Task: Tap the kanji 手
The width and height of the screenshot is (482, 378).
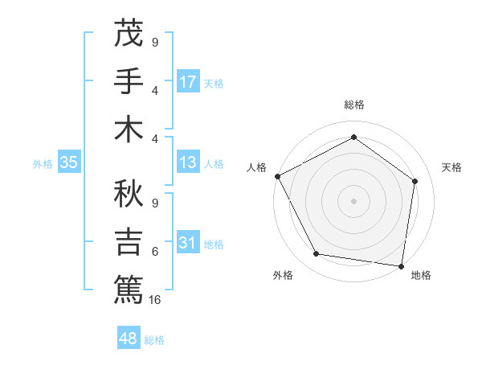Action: [129, 82]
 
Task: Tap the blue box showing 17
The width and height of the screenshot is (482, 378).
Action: [188, 82]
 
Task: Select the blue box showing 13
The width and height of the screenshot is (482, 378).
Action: [188, 163]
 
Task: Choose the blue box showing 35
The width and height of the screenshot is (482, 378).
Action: [68, 163]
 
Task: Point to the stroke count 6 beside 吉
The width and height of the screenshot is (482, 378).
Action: [155, 252]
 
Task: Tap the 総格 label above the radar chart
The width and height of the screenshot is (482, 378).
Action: [354, 105]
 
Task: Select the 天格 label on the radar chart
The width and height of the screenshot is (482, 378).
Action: [451, 167]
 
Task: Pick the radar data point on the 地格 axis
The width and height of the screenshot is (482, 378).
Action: [402, 265]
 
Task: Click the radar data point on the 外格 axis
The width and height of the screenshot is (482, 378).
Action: [317, 254]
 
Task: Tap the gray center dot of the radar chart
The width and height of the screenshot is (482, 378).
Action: [354, 200]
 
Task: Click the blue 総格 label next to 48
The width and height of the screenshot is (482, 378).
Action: [154, 340]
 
